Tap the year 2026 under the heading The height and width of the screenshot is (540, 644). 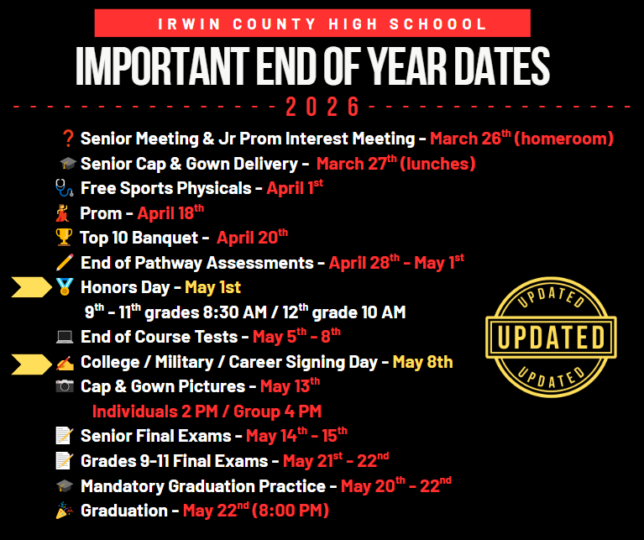[x=322, y=107]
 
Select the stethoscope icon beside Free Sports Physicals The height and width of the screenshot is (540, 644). [x=65, y=188]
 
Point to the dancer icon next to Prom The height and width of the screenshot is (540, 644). [x=65, y=213]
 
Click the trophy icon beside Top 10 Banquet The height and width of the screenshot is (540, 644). [x=65, y=239]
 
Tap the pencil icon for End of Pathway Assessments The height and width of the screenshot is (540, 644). [x=65, y=263]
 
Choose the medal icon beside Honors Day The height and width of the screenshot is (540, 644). [x=65, y=288]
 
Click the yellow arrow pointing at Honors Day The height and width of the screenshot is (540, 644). [x=32, y=288]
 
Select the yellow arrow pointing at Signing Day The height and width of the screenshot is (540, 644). [x=32, y=363]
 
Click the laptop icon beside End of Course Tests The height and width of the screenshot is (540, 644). [x=65, y=338]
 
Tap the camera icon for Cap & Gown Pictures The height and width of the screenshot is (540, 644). [x=65, y=387]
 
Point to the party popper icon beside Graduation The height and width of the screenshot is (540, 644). [x=65, y=511]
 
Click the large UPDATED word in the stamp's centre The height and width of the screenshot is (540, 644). [x=551, y=337]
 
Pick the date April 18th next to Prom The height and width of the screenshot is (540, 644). [x=170, y=213]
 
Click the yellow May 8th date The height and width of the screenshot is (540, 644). [x=422, y=363]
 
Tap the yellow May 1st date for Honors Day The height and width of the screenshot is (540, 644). [x=212, y=288]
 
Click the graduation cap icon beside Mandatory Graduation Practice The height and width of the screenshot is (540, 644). [x=65, y=486]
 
